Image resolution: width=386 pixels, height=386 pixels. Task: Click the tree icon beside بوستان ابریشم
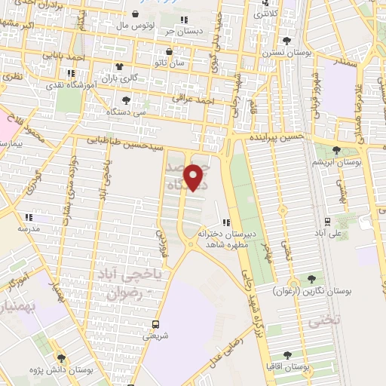pyautogui.click(x=335, y=150)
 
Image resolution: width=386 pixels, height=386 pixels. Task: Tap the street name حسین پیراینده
pyautogui.click(x=278, y=139)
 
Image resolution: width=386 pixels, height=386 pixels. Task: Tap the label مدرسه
pyautogui.click(x=29, y=228)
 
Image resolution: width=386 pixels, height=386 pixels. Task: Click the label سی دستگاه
pyautogui.click(x=125, y=111)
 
